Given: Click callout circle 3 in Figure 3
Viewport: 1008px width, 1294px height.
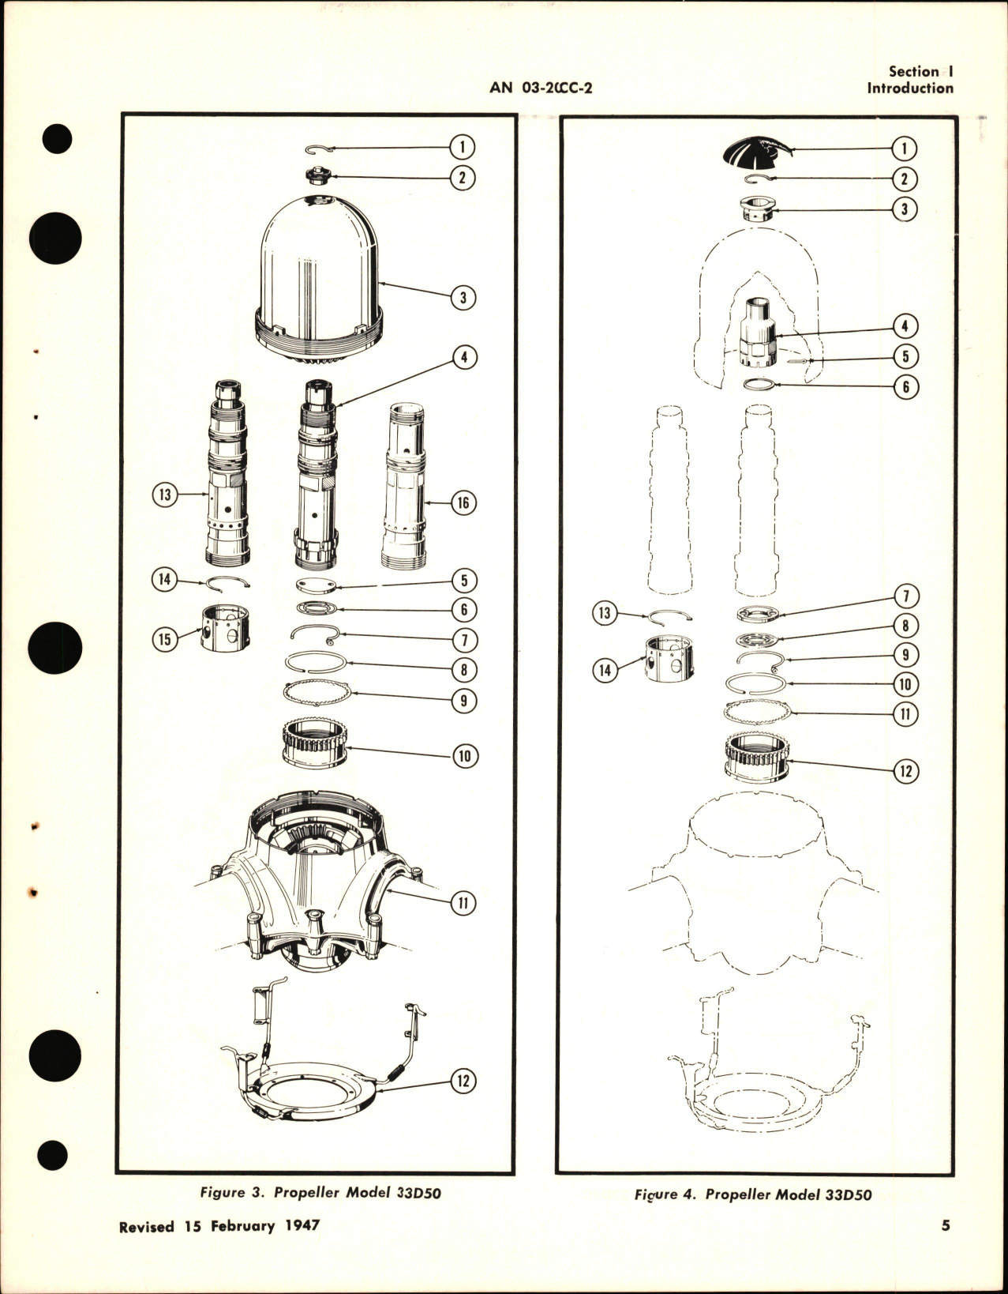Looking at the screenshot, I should tap(463, 298).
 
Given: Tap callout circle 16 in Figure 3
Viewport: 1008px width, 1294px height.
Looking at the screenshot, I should tap(463, 502).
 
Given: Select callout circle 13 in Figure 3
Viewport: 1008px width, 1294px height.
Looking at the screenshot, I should tap(165, 496).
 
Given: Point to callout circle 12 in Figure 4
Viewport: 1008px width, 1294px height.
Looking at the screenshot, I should tap(905, 770).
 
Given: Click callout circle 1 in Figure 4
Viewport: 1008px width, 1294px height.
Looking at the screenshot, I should tap(905, 148).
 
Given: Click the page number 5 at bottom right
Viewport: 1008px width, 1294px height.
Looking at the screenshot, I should tap(945, 1248).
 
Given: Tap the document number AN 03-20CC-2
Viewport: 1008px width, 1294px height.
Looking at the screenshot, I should tap(541, 88).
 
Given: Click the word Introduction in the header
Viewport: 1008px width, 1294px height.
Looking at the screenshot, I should tap(910, 88).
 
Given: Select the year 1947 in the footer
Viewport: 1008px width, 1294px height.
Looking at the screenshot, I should tap(300, 1248).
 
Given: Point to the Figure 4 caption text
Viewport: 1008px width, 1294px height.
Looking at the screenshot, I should tap(753, 1217).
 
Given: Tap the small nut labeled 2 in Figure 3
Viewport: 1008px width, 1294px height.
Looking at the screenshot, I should tap(318, 175).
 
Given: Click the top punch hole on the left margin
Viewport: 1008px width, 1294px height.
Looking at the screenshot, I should tap(58, 140).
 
